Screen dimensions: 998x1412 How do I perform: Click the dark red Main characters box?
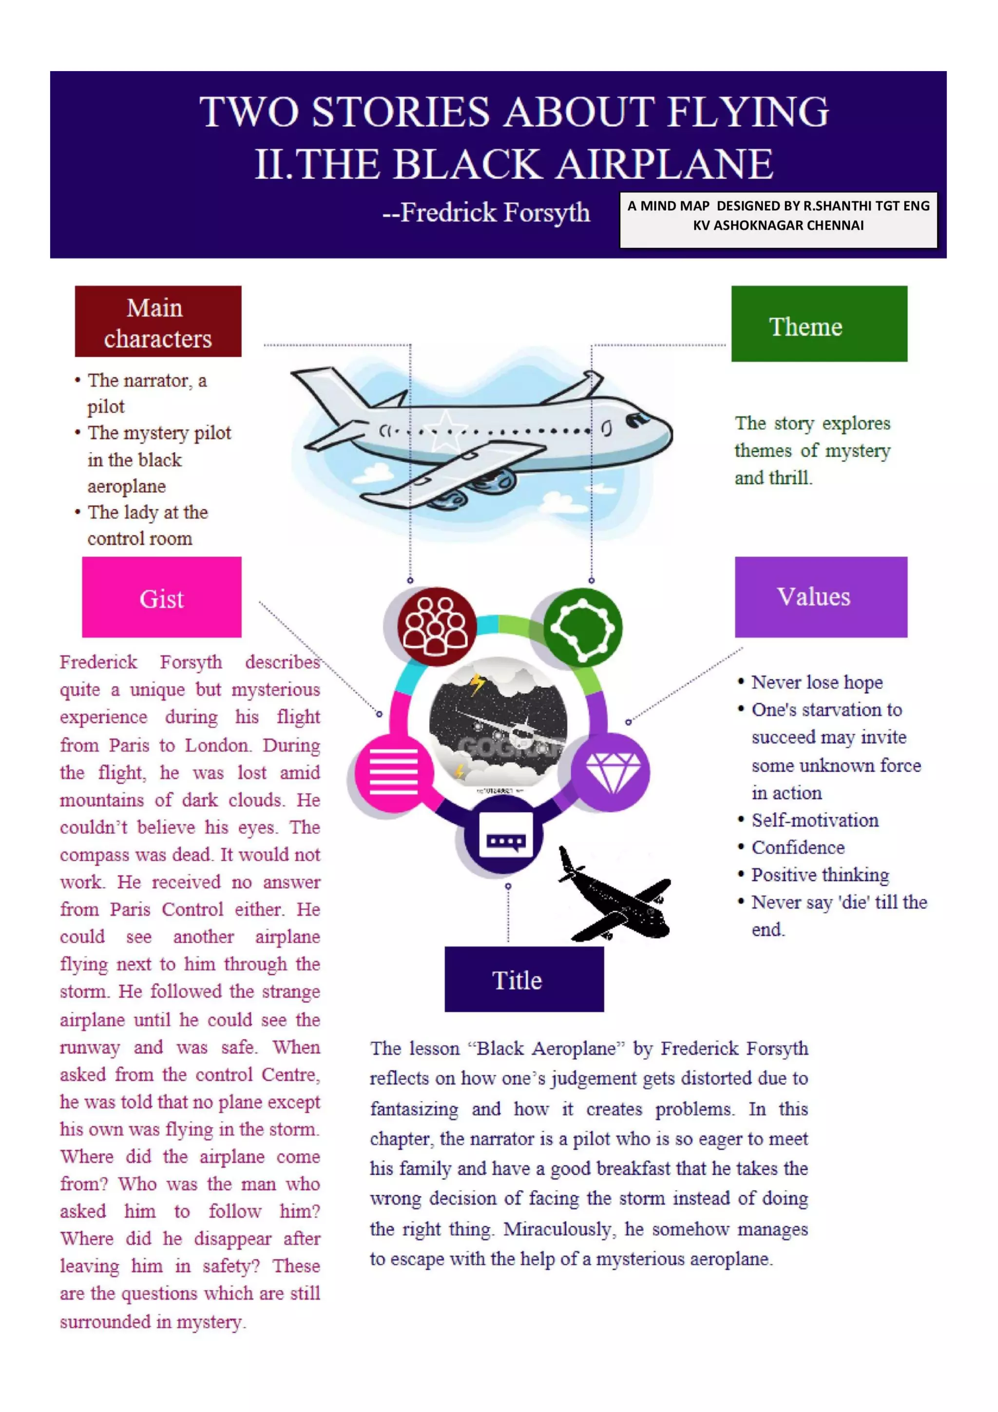[x=158, y=321]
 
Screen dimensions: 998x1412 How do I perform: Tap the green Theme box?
[x=819, y=324]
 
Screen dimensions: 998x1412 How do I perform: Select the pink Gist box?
[x=162, y=597]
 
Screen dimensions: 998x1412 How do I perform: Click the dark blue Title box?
[x=524, y=980]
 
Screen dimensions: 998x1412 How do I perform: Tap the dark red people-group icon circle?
[x=437, y=626]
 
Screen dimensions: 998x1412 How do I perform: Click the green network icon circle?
[x=582, y=627]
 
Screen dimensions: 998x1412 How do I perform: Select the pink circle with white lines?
[x=394, y=772]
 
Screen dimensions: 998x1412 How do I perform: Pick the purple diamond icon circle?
[x=611, y=772]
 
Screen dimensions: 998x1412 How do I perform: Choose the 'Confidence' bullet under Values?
[x=798, y=847]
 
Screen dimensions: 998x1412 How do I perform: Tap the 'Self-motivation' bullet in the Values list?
[x=815, y=820]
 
